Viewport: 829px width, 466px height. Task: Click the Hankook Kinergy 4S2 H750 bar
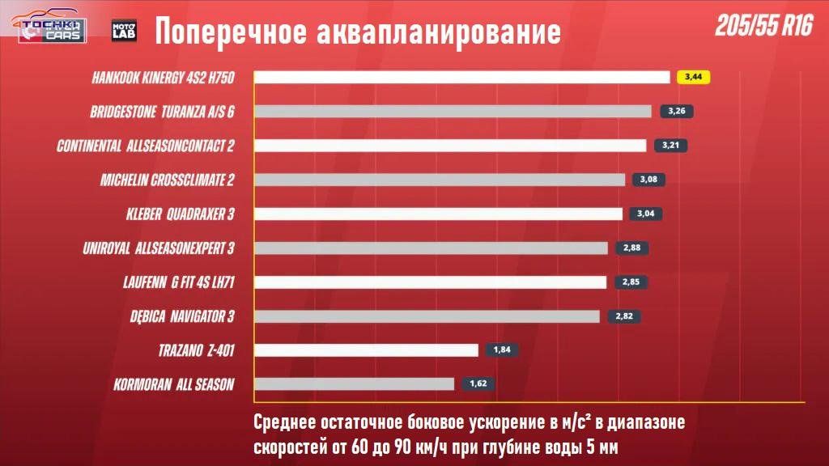[462, 77]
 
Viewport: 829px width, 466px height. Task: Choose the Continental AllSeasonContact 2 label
[146, 146]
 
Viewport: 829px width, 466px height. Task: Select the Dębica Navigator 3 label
[182, 316]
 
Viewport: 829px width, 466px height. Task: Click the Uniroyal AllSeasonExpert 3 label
[159, 248]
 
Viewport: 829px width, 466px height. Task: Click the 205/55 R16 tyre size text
[763, 27]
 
